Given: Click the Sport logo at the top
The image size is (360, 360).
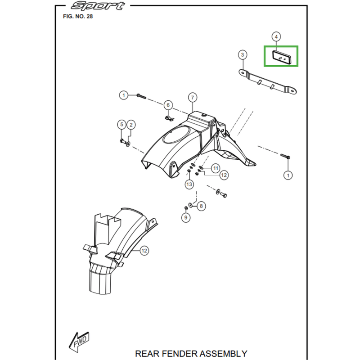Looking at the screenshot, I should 98,6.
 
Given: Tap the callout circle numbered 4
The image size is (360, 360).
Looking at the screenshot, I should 276,36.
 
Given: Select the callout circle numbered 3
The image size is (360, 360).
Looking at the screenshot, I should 243,55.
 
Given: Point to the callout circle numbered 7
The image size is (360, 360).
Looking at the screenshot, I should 192,98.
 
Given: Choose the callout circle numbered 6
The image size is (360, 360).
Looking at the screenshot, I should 168,105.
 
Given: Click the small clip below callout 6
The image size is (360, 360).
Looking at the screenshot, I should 169,118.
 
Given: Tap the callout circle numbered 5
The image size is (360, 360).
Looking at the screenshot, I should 121,125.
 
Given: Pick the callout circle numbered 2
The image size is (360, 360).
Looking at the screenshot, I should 131,125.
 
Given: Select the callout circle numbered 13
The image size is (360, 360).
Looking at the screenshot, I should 189,184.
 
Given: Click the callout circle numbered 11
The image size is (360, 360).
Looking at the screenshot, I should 216,168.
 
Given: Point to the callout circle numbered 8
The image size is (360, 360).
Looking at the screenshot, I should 201,206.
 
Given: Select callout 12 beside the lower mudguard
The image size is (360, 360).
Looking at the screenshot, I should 144,251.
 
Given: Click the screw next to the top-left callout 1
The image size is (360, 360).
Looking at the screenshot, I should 141,95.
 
